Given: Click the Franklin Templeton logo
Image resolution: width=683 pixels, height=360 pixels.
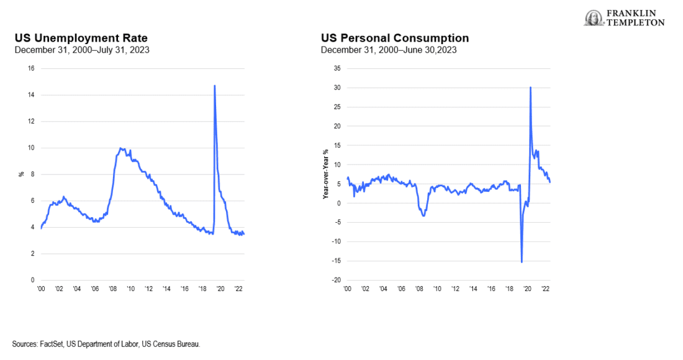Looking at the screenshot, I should pos(624,18).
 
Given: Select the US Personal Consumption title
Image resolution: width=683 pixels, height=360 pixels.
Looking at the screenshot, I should pos(395,38).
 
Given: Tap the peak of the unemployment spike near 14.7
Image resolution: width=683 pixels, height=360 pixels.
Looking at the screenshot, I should pos(214,86).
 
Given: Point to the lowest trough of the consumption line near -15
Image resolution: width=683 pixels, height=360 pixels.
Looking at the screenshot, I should pos(522,262).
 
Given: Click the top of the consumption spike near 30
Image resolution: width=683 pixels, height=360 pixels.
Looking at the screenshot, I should pos(530,87).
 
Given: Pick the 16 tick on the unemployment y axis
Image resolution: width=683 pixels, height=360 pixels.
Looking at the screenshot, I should pos(30,68).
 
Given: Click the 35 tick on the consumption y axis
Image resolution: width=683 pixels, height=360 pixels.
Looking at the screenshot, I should pos(338,68).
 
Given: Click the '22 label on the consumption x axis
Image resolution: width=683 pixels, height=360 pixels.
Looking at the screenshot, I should pos(545,289).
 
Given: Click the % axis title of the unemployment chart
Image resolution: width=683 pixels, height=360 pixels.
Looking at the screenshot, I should pos(20,174).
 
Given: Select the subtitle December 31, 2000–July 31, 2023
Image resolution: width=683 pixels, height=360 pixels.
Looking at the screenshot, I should pos(81,50).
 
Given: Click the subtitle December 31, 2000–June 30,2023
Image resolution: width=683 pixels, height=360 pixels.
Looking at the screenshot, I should pos(389,50).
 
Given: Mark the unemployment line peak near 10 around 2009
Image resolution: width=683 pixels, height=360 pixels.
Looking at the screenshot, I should pos(122,148).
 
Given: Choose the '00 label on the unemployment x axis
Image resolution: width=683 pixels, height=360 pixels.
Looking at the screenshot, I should pos(41,289).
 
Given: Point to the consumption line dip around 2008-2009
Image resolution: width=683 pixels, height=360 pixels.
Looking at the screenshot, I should pos(423,215).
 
